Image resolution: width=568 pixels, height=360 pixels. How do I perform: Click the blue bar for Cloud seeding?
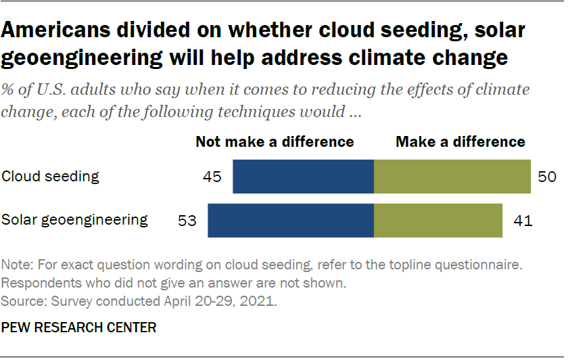click(303, 177)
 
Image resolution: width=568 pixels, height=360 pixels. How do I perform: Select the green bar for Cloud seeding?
click(452, 177)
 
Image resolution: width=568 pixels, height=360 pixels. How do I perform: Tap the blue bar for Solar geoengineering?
click(291, 220)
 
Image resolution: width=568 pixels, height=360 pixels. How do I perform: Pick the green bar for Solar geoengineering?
click(438, 220)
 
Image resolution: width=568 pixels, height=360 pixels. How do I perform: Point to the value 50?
click(548, 177)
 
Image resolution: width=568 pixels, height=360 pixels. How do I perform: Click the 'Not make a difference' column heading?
click(275, 141)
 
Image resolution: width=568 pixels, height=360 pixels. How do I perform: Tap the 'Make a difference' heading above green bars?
click(460, 141)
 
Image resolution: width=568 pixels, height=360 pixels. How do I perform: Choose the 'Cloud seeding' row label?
click(51, 177)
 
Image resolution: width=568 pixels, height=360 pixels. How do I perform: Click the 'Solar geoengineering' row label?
click(74, 220)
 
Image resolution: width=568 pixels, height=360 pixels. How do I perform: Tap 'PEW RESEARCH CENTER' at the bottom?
click(79, 328)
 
